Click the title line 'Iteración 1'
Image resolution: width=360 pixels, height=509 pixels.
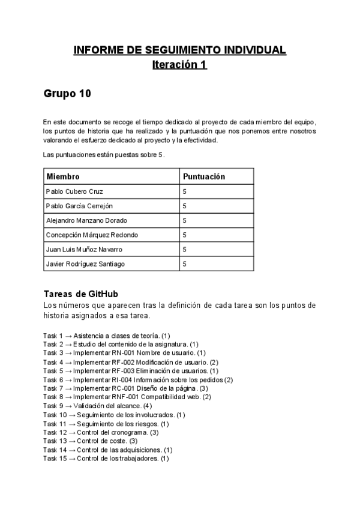[179, 65]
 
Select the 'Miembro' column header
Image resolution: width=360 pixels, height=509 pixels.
[63, 176]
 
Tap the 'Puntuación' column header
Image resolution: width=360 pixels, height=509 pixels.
[203, 176]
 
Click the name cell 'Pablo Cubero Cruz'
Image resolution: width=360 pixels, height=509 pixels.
[74, 191]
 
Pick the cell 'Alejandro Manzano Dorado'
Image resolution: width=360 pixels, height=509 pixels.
[86, 220]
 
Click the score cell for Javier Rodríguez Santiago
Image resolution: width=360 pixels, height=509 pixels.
[185, 264]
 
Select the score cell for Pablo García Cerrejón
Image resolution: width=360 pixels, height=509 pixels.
[185, 206]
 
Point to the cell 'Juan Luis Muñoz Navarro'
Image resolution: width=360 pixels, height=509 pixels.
[84, 249]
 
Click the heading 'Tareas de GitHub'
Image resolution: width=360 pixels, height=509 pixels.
[81, 294]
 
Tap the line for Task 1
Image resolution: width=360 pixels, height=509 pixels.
[107, 336]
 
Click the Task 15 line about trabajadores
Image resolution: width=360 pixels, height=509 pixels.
[106, 459]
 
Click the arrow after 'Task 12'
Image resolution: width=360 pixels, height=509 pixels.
[72, 432]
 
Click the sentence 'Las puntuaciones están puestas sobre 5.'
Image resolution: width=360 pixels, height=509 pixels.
[103, 155]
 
